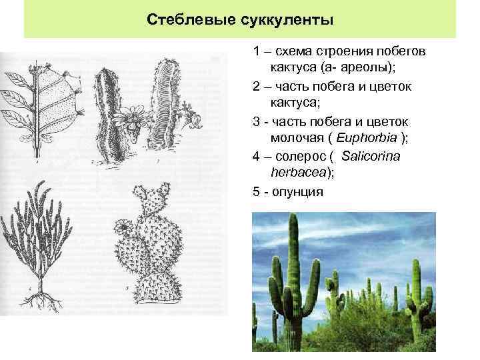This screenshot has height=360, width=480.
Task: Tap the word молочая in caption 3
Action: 293,137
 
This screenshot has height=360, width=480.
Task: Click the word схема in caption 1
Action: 293,51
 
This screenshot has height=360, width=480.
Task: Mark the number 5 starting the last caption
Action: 256,191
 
